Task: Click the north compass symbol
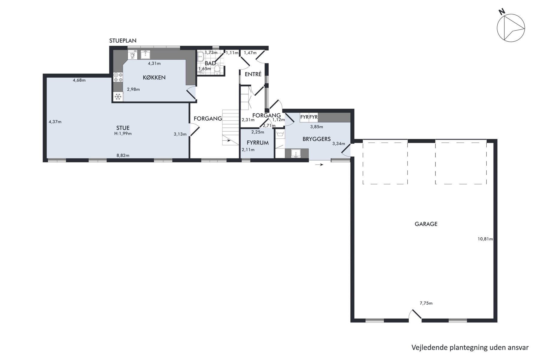(x=511, y=28)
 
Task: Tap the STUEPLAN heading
(x=123, y=41)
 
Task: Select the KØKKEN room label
(x=154, y=77)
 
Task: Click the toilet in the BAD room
(x=217, y=70)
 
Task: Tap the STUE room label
(x=123, y=128)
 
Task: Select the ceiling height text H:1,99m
(x=123, y=134)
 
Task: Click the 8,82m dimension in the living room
(x=123, y=155)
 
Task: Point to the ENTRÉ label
(x=253, y=74)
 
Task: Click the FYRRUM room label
(x=258, y=143)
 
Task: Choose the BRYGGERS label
(x=316, y=139)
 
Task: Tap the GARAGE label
(x=426, y=224)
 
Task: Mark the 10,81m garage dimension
(x=485, y=239)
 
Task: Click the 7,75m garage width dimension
(x=426, y=303)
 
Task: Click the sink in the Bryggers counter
(x=296, y=153)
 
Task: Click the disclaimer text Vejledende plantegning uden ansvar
(x=470, y=347)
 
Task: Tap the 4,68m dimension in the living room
(x=79, y=80)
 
